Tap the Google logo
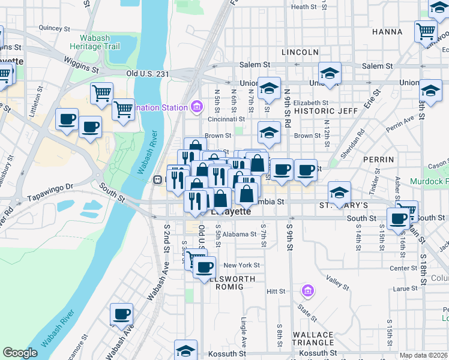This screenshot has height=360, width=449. [20, 353]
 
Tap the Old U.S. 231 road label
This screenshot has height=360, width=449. [148, 74]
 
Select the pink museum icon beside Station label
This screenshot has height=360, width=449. [196, 107]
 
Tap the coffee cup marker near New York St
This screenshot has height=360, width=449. [205, 266]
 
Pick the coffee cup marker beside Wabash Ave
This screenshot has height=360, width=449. [122, 313]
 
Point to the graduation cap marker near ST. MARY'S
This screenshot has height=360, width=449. [339, 192]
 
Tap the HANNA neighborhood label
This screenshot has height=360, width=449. [387, 31]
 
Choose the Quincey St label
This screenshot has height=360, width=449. [50, 28]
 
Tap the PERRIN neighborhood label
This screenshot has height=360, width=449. [379, 160]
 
